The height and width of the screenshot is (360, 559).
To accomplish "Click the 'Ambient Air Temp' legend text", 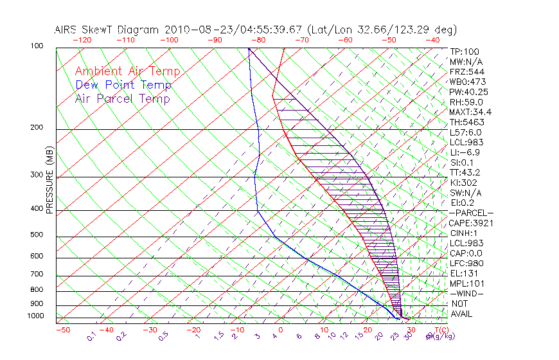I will point(127,71).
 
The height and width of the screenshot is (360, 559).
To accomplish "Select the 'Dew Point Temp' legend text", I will point(123,85).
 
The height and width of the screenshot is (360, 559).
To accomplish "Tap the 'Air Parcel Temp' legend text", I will point(122,98).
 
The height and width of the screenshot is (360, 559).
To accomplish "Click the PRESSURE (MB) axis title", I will point(49,181).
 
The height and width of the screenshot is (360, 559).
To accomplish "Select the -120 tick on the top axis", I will point(81,40).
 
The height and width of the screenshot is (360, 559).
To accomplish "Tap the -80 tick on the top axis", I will point(258,40).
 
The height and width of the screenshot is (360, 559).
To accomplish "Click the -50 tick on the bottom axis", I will point(62,330).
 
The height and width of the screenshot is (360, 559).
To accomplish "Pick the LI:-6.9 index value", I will point(465,152).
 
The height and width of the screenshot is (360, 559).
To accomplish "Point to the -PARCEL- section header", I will point(471,213).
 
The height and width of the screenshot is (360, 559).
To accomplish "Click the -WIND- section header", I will point(467,293).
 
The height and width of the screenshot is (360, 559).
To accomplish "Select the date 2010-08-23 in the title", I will point(191,30).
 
